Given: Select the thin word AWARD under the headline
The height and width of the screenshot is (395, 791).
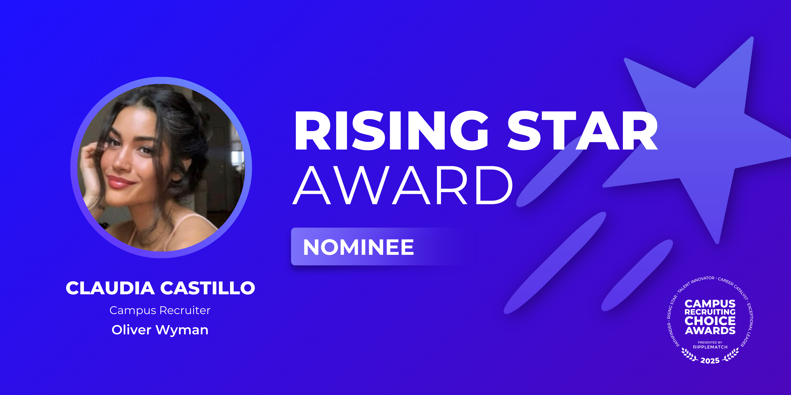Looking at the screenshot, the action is click(403, 185).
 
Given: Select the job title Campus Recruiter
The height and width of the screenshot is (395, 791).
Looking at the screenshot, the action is click(160, 310).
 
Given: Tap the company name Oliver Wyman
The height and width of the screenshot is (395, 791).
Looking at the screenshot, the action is click(160, 330).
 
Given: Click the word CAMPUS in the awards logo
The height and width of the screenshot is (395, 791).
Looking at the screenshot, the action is click(710, 304).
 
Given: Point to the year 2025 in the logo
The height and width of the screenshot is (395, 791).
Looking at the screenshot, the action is click(710, 361).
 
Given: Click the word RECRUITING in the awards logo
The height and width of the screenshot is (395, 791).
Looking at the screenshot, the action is click(710, 312).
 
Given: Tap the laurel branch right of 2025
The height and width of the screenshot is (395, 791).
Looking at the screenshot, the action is click(731, 355).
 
